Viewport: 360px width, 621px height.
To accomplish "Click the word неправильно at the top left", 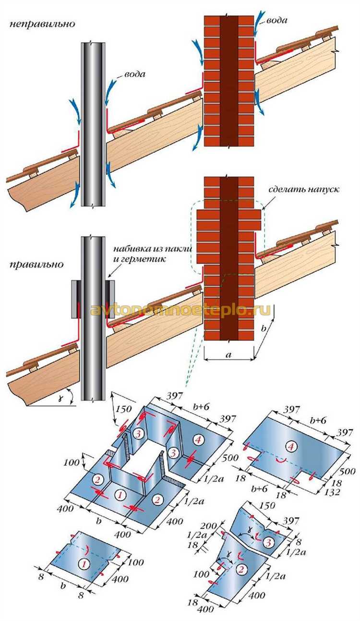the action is coord(42,24).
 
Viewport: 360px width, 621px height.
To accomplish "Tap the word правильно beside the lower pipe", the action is coord(36,265).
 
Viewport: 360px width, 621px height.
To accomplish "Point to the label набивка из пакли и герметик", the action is coord(152,254).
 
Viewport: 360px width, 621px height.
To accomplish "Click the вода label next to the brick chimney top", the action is coord(277,21).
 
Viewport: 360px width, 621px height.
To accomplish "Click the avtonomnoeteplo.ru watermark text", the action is coord(180,310).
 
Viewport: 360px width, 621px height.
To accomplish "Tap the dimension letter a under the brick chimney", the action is coord(228,355).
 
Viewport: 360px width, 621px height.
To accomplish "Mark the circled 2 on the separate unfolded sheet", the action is coord(241,569).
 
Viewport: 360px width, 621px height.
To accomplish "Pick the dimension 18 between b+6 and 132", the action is coord(281,495).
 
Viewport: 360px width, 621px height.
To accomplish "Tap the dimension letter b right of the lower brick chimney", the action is coord(264,329).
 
